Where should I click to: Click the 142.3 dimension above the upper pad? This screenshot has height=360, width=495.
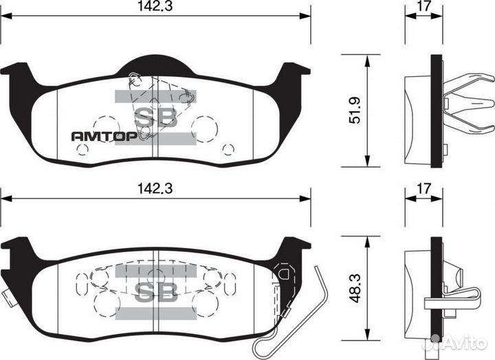pyautogui.click(x=154, y=8)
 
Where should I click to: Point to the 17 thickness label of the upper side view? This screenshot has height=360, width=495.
pyautogui.click(x=423, y=8)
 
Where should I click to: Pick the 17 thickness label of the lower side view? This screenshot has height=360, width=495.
pyautogui.click(x=423, y=188)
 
